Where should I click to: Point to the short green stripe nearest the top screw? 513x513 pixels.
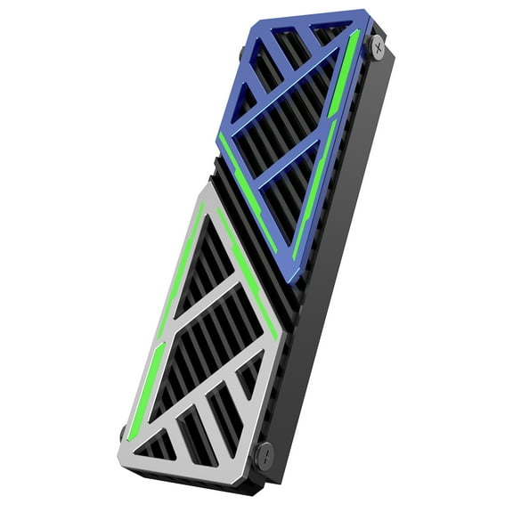(355, 49)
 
